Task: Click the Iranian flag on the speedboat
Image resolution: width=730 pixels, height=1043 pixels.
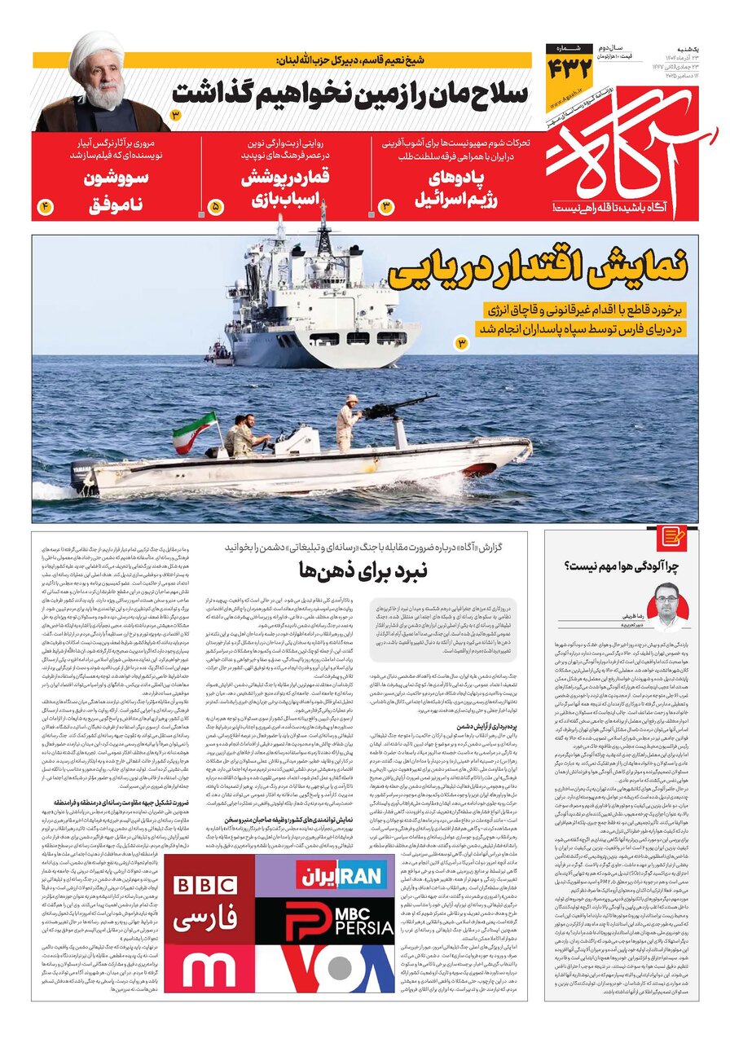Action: click(x=195, y=429)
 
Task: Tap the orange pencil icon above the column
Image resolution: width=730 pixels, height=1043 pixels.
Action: click(x=673, y=536)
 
